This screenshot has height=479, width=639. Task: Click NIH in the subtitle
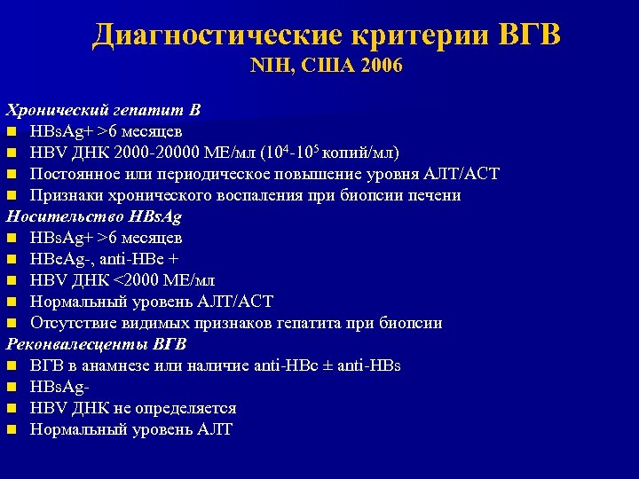point(268,67)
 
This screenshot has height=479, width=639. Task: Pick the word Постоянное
point(77,174)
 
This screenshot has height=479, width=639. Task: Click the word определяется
point(185,408)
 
